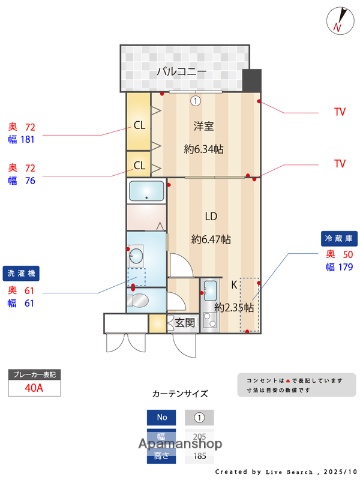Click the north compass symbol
(x=336, y=19)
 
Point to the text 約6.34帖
(x=204, y=149)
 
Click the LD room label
(x=211, y=216)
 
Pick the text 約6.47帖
(x=211, y=239)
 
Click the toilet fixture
(x=139, y=300)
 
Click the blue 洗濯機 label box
(x=22, y=272)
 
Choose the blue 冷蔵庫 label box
(x=336, y=238)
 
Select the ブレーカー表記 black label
(x=34, y=373)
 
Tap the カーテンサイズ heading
(x=180, y=394)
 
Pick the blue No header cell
(x=160, y=417)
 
